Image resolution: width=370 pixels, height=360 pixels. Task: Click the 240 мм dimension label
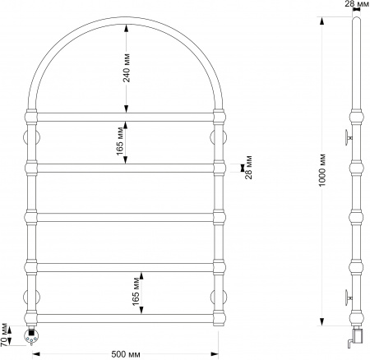coord(127,68)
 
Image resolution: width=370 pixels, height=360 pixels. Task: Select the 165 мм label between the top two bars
coord(120,141)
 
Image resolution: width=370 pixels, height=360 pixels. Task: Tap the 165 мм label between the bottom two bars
coord(136,292)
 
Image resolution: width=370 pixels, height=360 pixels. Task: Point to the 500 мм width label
coord(126,354)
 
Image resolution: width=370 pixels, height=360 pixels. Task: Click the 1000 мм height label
coord(322,170)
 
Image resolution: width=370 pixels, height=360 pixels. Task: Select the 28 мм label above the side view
coord(359,4)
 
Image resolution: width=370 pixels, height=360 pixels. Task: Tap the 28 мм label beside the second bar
coord(248,168)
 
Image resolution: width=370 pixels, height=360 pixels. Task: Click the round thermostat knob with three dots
coord(32,335)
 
